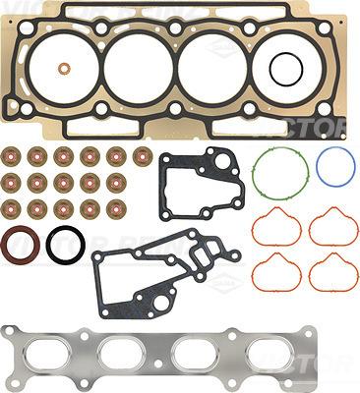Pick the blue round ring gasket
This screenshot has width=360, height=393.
coord(334,167)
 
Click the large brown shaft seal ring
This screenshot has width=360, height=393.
coord(19,246)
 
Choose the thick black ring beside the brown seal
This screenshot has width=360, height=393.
coord(65,246)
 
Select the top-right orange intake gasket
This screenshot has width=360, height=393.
coord(333,228)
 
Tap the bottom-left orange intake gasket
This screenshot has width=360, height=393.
coord(277,271)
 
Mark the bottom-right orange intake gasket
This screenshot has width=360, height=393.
coord(333,271)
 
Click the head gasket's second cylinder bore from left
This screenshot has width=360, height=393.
coord(139,69)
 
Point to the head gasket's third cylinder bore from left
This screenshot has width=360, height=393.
coord(212,69)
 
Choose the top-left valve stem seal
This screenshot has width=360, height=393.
coord(11,155)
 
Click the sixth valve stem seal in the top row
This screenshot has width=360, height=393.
coord(143,155)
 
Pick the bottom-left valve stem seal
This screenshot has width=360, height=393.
coord(11,208)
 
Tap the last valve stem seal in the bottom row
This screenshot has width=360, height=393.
coord(116,208)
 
